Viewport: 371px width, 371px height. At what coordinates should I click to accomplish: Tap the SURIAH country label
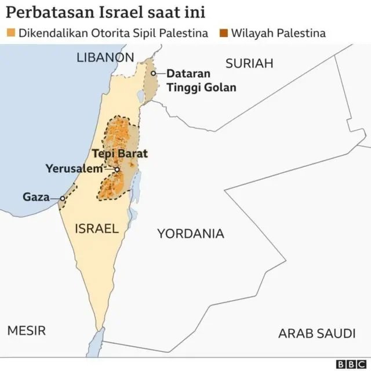coord(249,64)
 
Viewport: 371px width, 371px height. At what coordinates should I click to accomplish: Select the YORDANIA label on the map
coord(190,234)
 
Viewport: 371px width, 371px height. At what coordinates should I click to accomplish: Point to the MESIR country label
coord(26,331)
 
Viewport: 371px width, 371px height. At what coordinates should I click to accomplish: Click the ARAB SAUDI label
coord(317,333)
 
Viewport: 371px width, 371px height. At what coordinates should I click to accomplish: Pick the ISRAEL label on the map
coord(97,228)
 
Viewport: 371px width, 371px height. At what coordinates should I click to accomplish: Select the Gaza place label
coord(35,197)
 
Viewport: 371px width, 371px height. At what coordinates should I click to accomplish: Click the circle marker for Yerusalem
coord(117,169)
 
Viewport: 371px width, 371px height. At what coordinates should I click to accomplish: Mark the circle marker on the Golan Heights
coord(154,74)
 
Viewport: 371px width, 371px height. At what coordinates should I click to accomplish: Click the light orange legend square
coord(10,32)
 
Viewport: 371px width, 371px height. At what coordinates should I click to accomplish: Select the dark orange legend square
coord(223,32)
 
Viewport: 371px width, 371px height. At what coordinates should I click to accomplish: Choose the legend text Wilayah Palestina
coord(278,32)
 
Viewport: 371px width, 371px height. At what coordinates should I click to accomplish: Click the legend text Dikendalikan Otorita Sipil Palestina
coord(114,32)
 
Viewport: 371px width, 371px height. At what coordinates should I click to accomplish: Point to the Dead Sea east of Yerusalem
coord(137,185)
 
